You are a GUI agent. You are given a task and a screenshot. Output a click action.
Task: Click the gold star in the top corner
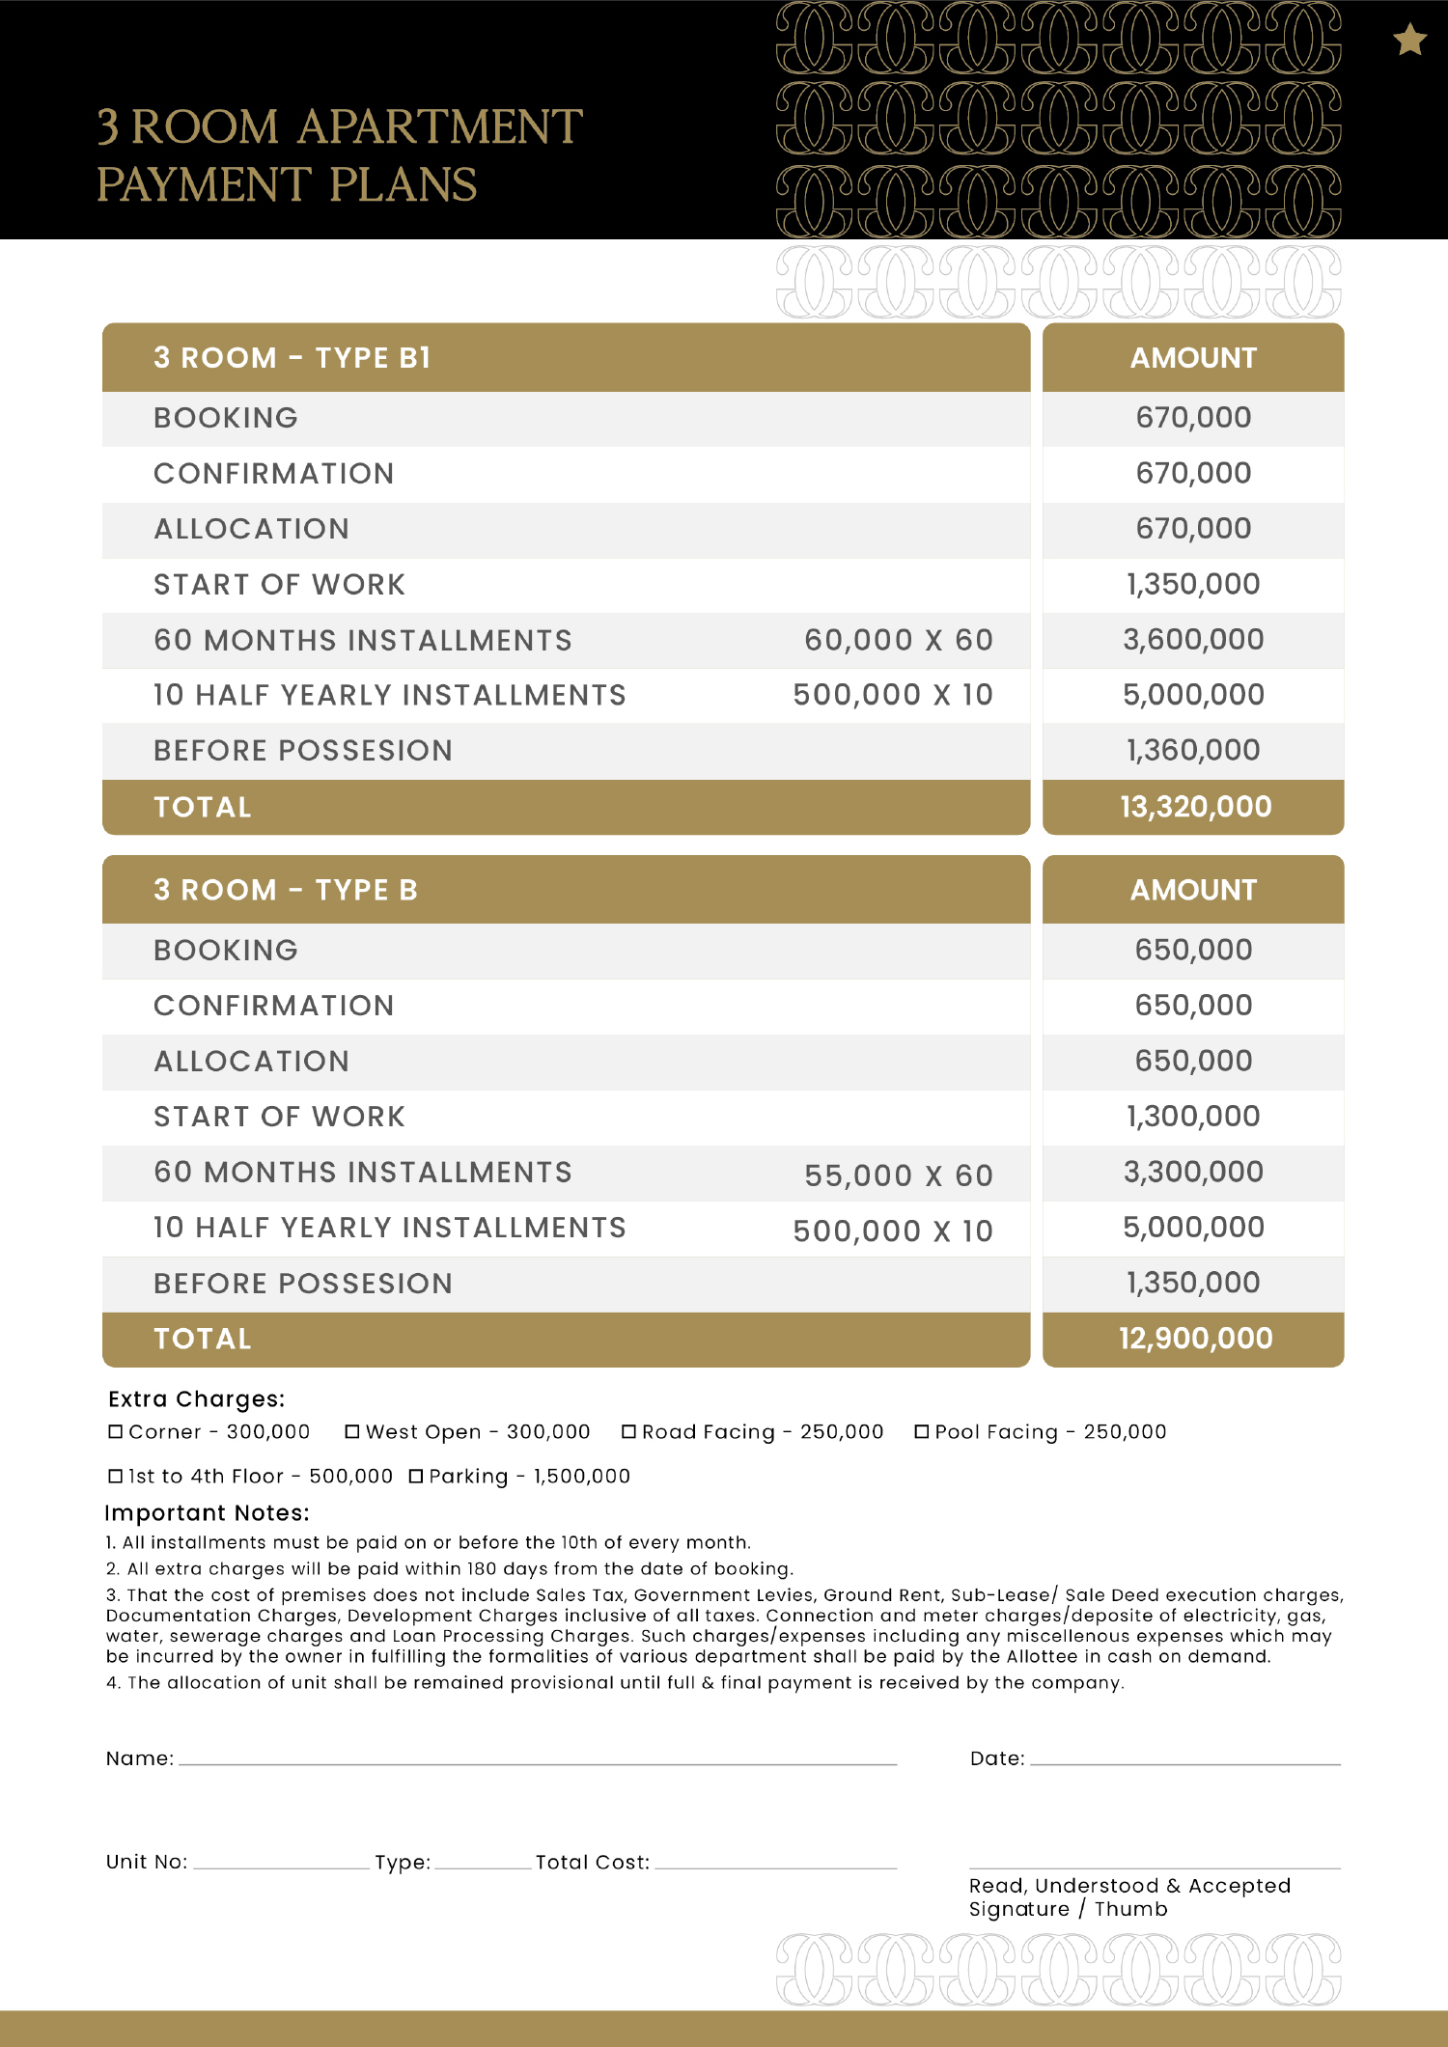[x=1409, y=41]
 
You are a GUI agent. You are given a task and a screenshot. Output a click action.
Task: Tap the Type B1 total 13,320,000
[x=1195, y=807]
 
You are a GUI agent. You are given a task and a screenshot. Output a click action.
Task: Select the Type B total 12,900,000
[x=1195, y=1339]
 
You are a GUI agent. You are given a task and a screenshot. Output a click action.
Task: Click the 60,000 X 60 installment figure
[x=898, y=640]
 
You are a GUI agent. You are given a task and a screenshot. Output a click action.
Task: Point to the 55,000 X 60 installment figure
[x=898, y=1176]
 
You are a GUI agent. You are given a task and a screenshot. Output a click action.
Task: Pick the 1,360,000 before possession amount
[x=1193, y=750]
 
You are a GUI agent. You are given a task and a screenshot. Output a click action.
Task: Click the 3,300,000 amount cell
[x=1193, y=1172]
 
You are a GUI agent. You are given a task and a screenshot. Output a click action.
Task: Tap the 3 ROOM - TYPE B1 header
[x=292, y=358]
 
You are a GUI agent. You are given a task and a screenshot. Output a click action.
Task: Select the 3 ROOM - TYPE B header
[x=286, y=890]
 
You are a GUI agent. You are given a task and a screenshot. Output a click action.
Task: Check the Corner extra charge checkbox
[x=116, y=1432]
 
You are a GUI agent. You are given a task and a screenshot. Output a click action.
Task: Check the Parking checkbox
[x=416, y=1477]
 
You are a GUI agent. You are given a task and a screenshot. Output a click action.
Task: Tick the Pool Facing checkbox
[x=922, y=1432]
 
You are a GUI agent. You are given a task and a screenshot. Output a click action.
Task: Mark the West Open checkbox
[x=352, y=1432]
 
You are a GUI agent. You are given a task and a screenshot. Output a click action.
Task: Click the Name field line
[x=538, y=1761]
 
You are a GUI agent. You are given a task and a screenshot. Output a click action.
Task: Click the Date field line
[x=1184, y=1761]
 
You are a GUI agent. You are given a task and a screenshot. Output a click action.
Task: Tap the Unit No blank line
[x=281, y=1866]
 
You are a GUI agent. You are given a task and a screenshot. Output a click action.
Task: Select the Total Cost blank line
[x=775, y=1866]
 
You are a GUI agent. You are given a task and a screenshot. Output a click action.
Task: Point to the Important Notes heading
[x=207, y=1513]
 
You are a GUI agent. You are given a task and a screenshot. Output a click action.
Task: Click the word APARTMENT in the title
[x=439, y=127]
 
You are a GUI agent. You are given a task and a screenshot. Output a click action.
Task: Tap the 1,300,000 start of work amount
[x=1193, y=1117]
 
